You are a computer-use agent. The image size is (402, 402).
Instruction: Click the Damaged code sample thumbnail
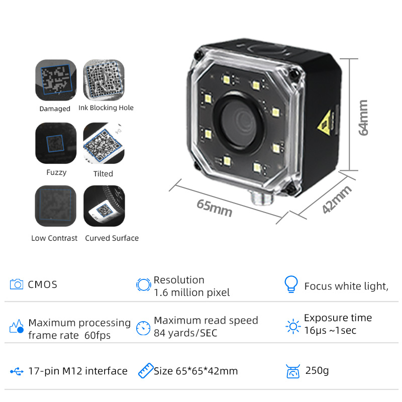point(56,80)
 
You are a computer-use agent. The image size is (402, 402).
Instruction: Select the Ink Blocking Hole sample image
point(104,80)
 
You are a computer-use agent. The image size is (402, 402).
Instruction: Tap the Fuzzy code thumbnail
point(56,143)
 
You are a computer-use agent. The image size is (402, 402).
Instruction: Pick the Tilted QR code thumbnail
point(104,143)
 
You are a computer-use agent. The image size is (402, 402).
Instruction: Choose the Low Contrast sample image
point(56,206)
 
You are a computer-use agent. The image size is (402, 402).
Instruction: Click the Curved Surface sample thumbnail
point(104,206)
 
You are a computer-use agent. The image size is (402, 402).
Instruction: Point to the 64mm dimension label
point(363,118)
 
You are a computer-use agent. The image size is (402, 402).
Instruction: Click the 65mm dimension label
point(215,208)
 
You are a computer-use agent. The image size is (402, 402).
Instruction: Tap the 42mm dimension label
point(336,199)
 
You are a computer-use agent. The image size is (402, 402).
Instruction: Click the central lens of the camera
point(238,123)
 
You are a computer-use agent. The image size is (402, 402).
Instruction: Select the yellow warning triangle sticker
point(325,123)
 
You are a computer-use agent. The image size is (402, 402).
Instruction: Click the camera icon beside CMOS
point(17,284)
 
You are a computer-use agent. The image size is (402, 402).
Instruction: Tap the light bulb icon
point(291,284)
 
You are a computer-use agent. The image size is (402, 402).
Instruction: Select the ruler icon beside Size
point(146,370)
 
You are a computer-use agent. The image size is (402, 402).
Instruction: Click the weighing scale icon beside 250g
point(293,371)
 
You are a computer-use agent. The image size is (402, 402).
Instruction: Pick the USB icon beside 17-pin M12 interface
point(17,371)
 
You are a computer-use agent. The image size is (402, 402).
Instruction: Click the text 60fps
point(97,335)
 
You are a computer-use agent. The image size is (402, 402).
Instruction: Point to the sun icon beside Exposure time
point(293,326)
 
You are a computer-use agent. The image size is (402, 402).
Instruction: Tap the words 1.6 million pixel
point(192,292)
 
